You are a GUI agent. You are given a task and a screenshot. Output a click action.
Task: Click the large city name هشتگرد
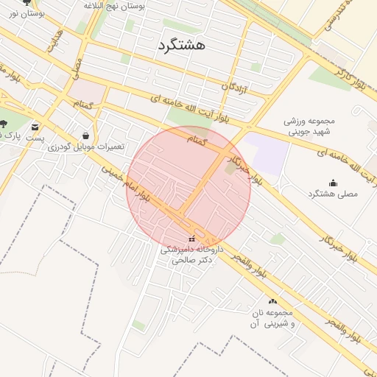[x=181, y=45]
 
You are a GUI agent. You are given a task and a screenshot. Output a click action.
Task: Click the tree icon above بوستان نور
[x=27, y=2]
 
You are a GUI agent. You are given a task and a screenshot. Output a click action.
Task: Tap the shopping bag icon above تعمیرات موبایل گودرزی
[x=87, y=135]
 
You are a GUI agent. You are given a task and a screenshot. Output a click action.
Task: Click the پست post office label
[x=34, y=138]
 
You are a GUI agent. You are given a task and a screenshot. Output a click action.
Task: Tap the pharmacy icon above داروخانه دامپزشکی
[x=193, y=239]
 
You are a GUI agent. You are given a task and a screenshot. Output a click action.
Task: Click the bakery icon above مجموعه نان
[x=273, y=301]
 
